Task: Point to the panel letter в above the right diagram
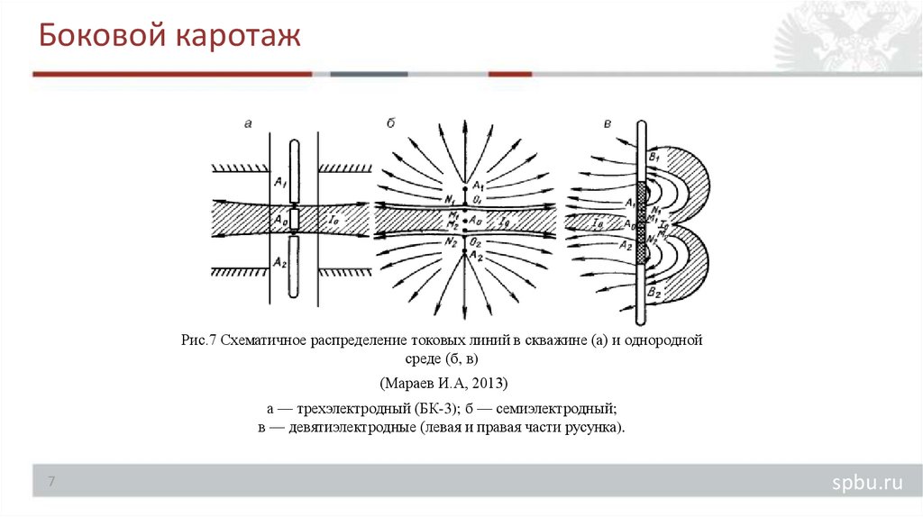pyautogui.click(x=609, y=123)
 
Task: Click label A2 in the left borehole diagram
pyautogui.click(x=279, y=260)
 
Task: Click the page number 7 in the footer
pyautogui.click(x=51, y=483)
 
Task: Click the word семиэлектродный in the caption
pyautogui.click(x=553, y=407)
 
